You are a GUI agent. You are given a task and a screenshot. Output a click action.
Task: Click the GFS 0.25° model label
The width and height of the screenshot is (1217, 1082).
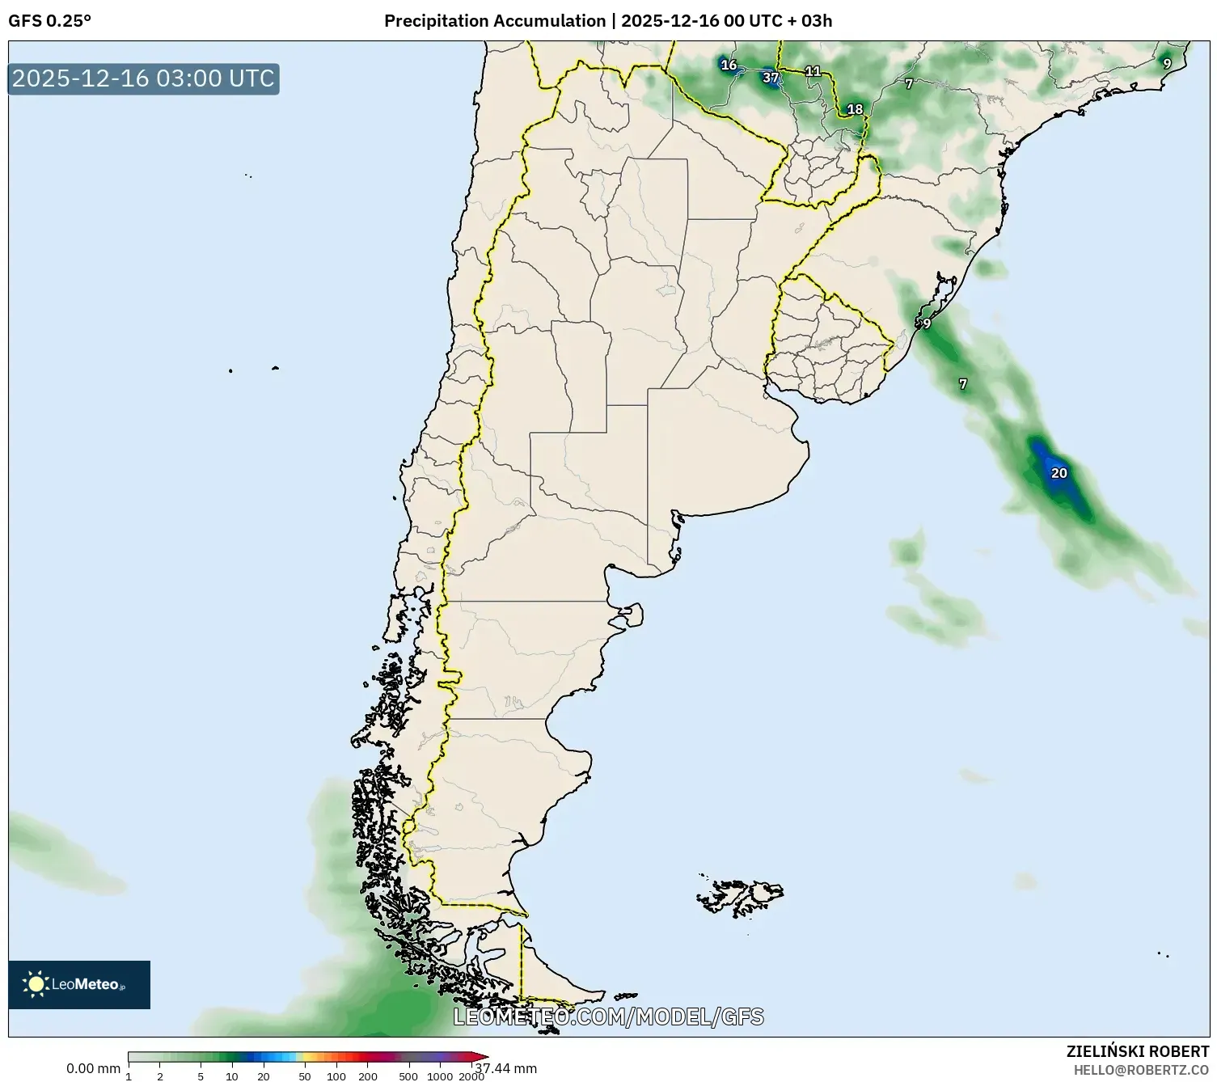(x=49, y=21)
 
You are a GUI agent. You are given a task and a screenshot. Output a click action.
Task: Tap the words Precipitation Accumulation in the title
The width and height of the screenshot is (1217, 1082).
(x=494, y=21)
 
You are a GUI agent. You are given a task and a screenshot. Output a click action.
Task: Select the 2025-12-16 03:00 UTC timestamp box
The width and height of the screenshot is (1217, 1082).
(x=144, y=78)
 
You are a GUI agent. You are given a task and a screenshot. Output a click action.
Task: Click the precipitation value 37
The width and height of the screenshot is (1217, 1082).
(x=771, y=78)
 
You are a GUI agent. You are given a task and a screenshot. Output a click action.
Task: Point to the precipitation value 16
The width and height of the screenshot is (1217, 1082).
(x=729, y=65)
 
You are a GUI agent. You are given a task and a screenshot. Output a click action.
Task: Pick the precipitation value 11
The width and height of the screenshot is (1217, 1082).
(x=813, y=71)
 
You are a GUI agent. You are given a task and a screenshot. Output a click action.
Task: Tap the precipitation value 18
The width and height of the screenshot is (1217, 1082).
(x=855, y=109)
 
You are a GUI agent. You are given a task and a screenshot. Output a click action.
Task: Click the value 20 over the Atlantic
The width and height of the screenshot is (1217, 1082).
(x=1059, y=473)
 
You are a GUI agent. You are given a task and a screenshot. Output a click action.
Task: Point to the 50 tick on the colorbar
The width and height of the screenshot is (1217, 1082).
(x=304, y=1076)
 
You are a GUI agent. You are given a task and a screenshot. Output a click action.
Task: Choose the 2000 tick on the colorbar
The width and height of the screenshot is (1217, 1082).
(x=471, y=1076)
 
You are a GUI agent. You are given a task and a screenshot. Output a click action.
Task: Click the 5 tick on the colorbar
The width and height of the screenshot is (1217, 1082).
(x=201, y=1076)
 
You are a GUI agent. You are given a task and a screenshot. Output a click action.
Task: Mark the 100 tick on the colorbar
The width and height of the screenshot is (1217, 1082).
(x=336, y=1076)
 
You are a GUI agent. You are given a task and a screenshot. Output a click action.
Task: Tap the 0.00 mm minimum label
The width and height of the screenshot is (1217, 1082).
(x=93, y=1069)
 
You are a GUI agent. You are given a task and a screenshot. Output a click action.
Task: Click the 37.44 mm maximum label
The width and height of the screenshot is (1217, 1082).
(x=506, y=1069)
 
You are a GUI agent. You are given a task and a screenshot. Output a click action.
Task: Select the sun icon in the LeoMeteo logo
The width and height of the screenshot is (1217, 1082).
(x=36, y=984)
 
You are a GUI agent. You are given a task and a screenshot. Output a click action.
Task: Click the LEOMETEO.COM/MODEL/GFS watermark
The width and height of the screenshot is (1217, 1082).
(x=608, y=1016)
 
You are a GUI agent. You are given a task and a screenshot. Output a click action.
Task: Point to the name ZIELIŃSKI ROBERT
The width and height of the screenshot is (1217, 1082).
(x=1138, y=1051)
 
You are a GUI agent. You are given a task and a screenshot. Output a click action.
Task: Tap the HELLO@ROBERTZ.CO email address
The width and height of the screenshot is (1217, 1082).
(x=1141, y=1070)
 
